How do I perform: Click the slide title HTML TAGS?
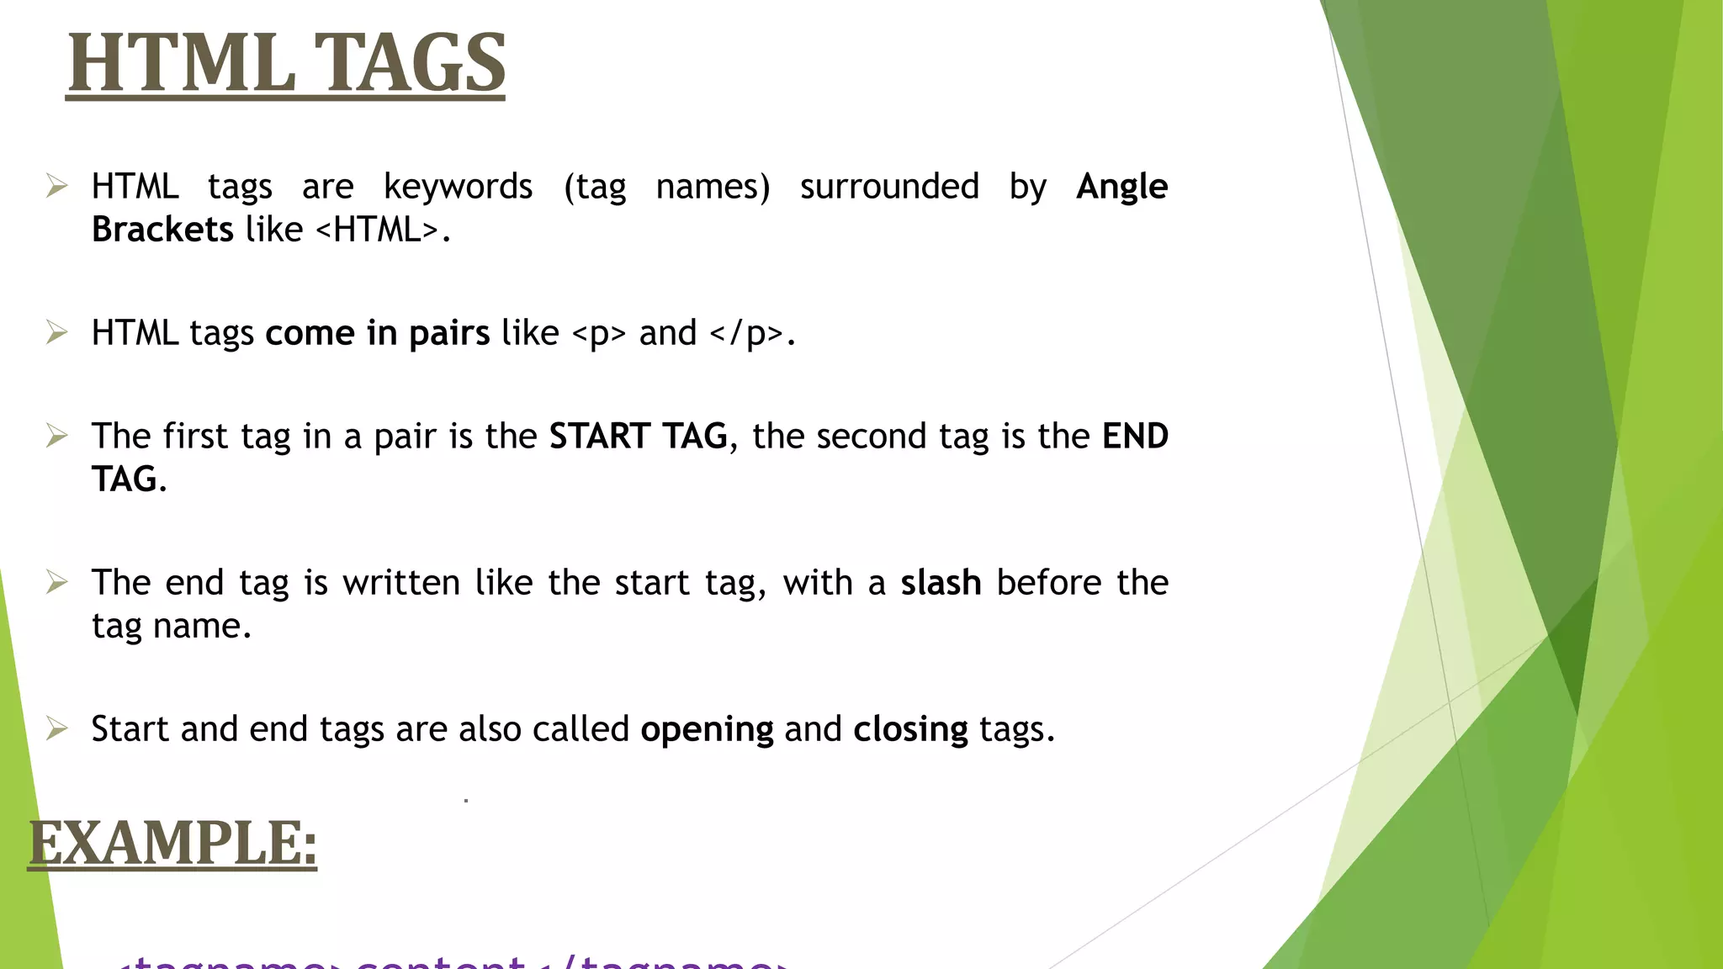click(x=286, y=63)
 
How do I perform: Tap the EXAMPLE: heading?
click(x=172, y=843)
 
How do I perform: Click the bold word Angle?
click(x=1121, y=187)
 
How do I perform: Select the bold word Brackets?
click(x=162, y=230)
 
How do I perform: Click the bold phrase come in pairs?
click(x=377, y=334)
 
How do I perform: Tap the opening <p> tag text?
click(x=599, y=334)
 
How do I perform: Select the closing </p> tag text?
click(x=746, y=334)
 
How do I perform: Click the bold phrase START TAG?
click(x=638, y=437)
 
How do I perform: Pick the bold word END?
click(x=1135, y=437)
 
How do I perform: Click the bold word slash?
click(x=941, y=583)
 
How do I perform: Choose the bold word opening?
click(x=707, y=729)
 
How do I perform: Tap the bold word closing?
click(x=910, y=729)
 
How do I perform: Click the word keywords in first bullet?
click(x=458, y=187)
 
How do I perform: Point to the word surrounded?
click(x=889, y=187)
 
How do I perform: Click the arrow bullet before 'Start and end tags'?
click(x=56, y=728)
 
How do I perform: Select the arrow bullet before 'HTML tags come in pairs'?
click(x=56, y=332)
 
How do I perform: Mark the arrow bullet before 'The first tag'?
click(x=56, y=435)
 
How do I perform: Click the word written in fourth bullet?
click(x=400, y=583)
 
